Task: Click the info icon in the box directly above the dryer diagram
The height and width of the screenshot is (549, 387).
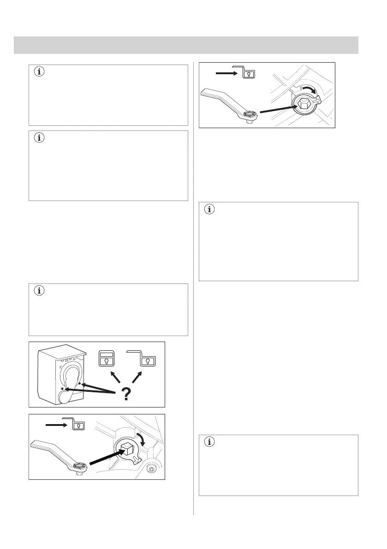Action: [39, 291]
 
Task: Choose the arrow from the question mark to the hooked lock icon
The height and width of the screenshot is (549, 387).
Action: [135, 377]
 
